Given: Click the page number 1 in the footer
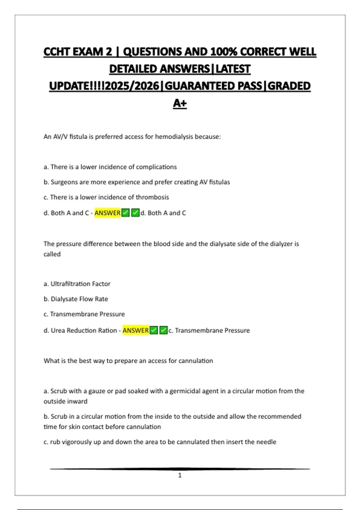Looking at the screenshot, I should pos(180,475).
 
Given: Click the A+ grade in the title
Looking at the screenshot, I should pos(180,103).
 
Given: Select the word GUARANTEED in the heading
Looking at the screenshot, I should pos(213,86).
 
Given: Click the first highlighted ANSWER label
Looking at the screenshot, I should pos(107,213).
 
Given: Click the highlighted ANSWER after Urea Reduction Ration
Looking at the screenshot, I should pos(136,330).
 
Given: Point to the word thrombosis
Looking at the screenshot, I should pos(152,197).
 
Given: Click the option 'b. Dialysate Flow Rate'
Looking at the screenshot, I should pos(76,299).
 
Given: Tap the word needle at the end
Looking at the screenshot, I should pos(266,442).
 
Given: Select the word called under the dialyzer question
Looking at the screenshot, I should pos(52,254).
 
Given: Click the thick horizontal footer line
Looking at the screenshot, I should pos(180,469).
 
